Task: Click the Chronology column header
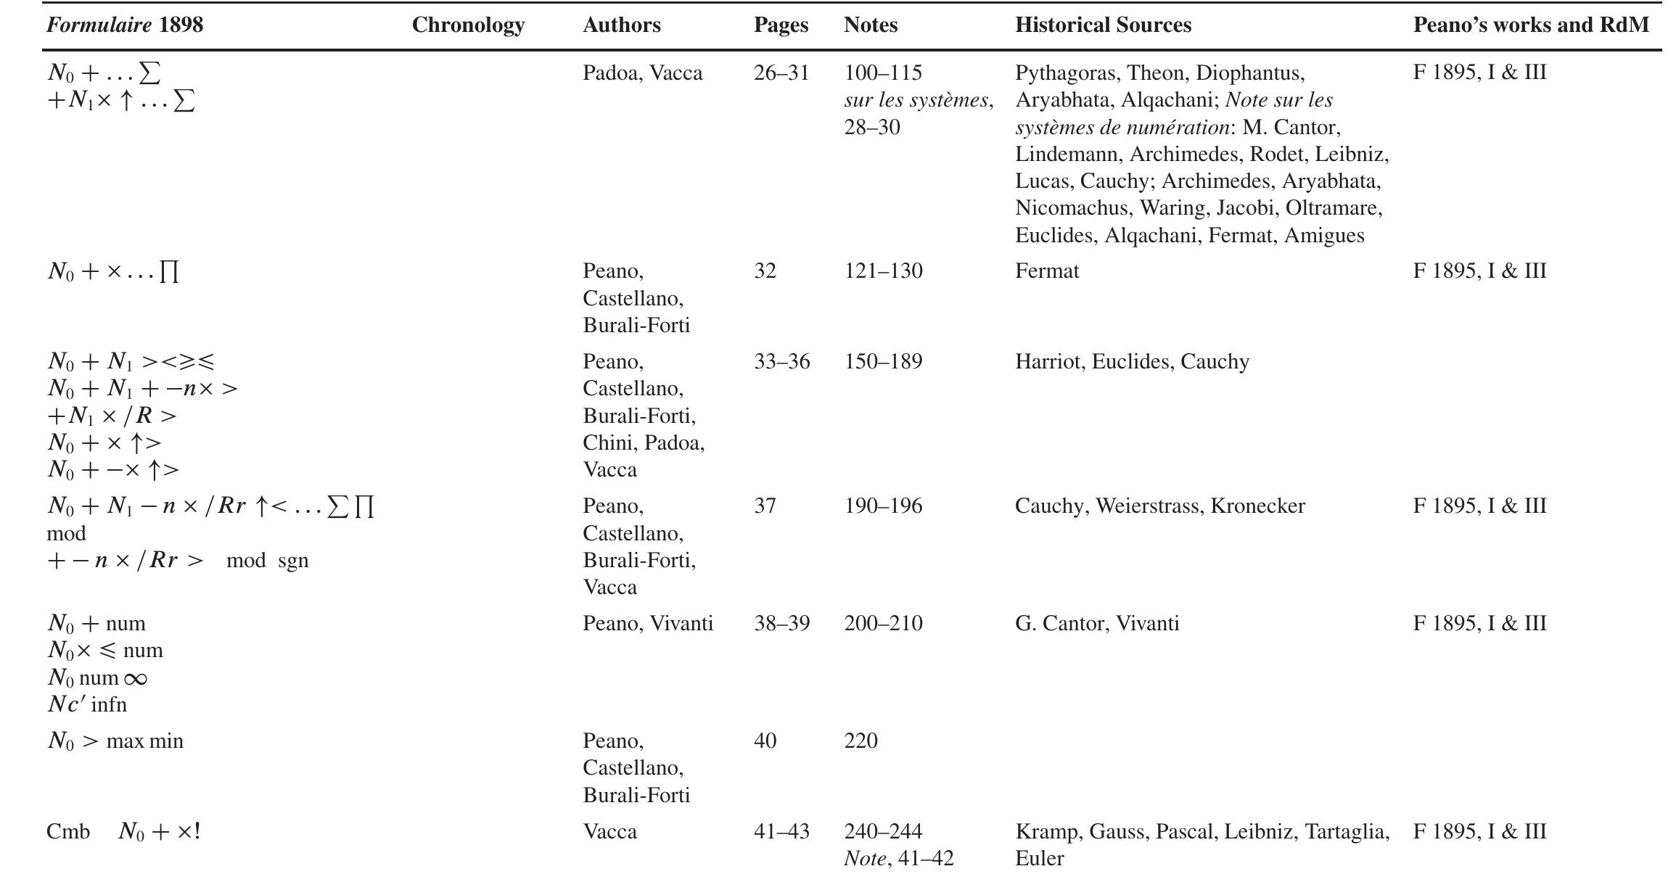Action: (x=468, y=25)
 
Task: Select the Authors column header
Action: (x=621, y=25)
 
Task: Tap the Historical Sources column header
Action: (x=1102, y=25)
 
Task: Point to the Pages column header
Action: (x=781, y=25)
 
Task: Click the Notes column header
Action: (x=870, y=25)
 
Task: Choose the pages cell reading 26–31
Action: (x=781, y=73)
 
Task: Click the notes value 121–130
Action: (x=883, y=271)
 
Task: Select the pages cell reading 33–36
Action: (x=781, y=362)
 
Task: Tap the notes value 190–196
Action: (x=883, y=506)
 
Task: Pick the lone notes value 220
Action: (x=860, y=741)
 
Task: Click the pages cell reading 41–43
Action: (x=781, y=832)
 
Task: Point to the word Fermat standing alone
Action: (x=1046, y=271)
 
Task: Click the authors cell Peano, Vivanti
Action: (x=647, y=624)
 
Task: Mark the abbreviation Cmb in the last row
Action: (x=67, y=832)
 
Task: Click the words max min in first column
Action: (x=144, y=741)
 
